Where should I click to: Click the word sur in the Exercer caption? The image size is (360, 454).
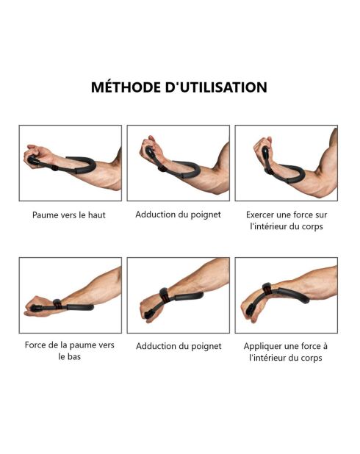point(318,215)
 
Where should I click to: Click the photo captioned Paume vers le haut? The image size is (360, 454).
point(70,163)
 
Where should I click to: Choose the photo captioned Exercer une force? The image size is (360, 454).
point(286,163)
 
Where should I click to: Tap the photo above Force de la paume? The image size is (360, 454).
point(70,295)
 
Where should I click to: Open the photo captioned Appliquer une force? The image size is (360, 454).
point(286,295)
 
